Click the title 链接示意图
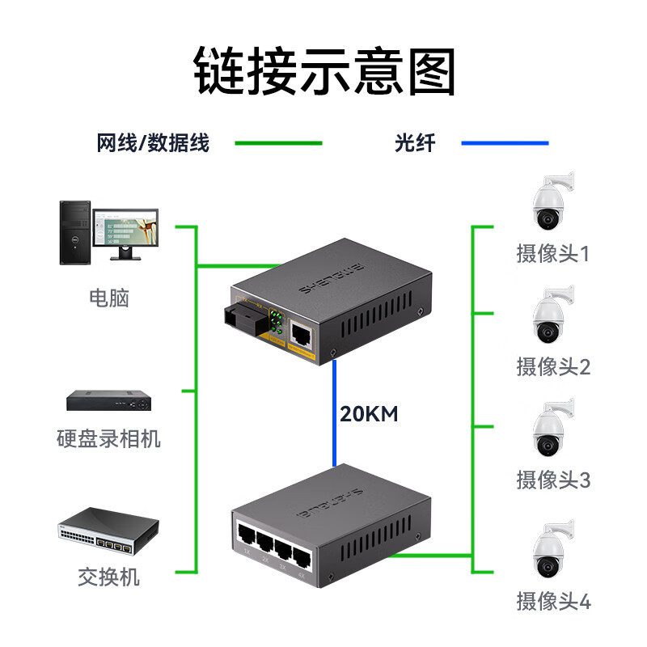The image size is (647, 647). pos(323,71)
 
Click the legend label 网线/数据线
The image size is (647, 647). pos(153,144)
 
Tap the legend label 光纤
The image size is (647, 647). pos(415,144)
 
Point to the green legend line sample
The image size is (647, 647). pos(278,144)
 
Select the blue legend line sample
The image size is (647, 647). pos(505,144)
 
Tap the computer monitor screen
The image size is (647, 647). pos(125,229)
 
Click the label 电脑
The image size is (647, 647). pos(108,298)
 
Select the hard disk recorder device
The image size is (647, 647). pos(108,400)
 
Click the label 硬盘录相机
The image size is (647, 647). pos(108,439)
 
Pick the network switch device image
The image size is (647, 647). pos(108,531)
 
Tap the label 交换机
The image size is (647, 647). pos(108,577)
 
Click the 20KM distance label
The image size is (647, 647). pos(369,414)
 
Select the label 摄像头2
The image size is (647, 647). pos(553,366)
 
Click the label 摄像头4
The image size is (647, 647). pos(553,602)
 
